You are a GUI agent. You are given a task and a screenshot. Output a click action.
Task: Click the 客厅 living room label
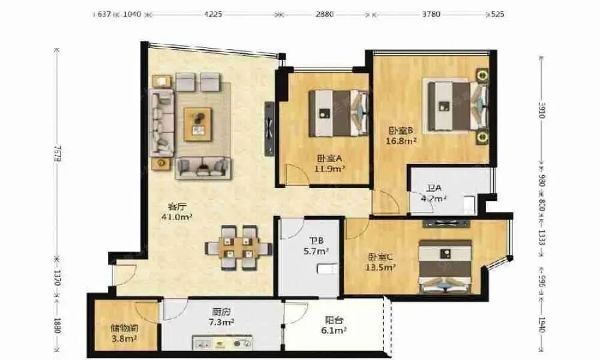click(x=176, y=206)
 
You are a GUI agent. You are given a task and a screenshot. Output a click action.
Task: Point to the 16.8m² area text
click(x=402, y=142)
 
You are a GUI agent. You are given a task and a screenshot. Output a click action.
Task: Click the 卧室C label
click(x=380, y=257)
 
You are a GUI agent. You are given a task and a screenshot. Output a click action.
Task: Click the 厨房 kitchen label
click(x=220, y=312)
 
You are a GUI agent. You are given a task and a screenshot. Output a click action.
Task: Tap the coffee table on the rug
click(x=198, y=122)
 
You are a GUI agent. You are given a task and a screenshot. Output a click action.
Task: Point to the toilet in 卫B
click(x=326, y=268)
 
